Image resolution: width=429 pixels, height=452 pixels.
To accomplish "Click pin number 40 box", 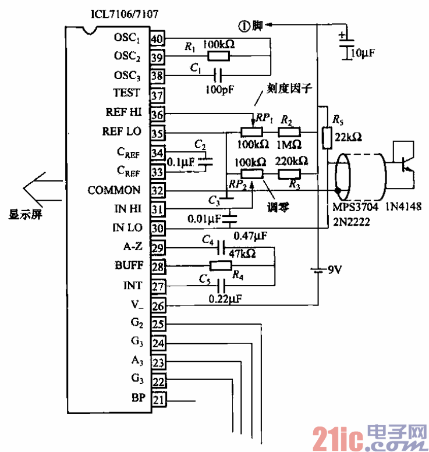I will (x=157, y=38).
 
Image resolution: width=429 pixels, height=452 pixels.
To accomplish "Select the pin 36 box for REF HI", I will (x=157, y=113).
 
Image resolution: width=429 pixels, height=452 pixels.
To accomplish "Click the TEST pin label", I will (x=126, y=92).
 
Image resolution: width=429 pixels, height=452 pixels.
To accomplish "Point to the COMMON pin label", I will (x=114, y=190).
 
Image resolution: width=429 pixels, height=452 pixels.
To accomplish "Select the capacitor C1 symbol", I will (x=218, y=74).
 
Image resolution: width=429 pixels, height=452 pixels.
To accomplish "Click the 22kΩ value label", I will (x=349, y=138).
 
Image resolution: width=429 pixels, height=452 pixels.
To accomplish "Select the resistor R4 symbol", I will (x=221, y=266).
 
